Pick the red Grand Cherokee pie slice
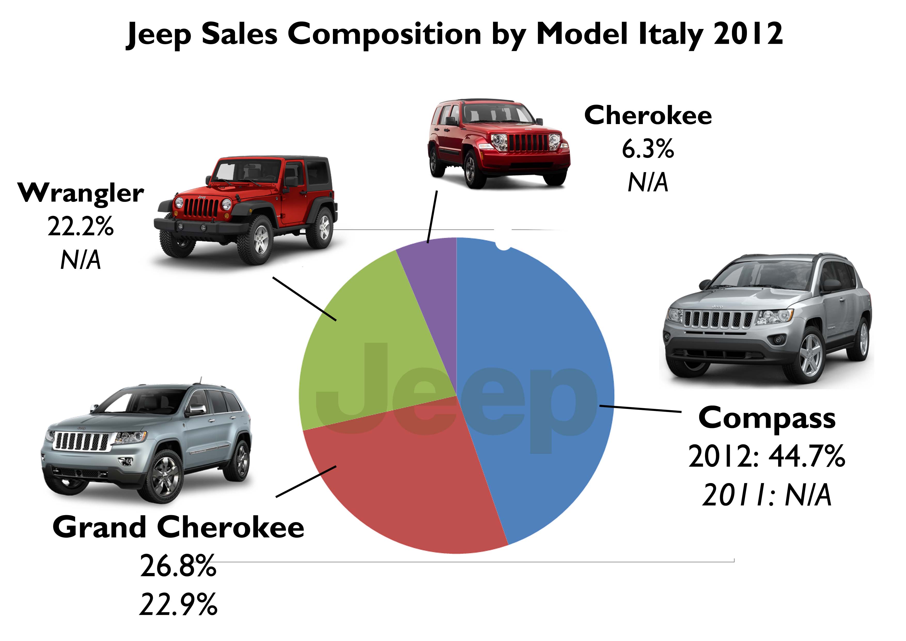[402, 482]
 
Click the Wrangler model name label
[81, 194]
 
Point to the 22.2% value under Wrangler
[81, 227]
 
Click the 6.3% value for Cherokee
[648, 149]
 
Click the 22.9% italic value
[178, 604]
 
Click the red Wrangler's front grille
[201, 207]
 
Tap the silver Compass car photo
[766, 320]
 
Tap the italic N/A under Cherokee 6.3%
[648, 182]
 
